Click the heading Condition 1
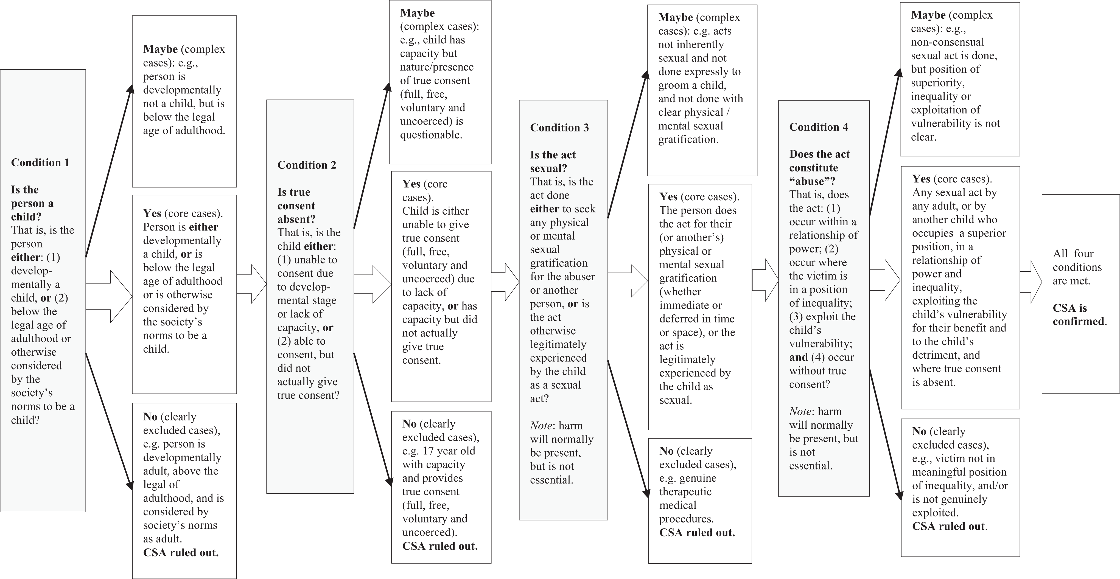(40, 162)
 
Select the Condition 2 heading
(307, 165)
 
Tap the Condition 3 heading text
(559, 128)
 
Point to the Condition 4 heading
(818, 127)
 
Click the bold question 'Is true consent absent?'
(296, 206)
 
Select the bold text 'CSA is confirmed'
(1079, 315)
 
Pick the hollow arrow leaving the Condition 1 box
(109, 296)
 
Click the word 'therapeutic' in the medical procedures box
(685, 492)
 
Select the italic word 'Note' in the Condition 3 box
(541, 426)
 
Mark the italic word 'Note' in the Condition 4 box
(800, 411)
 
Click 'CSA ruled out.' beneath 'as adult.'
(181, 552)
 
